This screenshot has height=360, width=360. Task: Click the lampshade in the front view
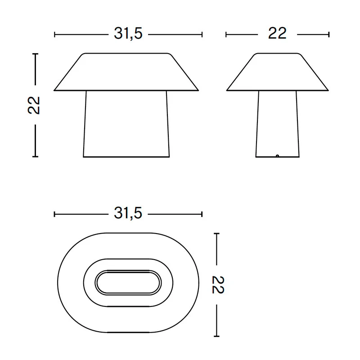126,73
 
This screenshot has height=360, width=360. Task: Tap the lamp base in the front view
126,124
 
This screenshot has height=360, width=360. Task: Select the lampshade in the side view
278,73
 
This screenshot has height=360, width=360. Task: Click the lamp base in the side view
278,124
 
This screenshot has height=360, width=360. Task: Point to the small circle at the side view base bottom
278,156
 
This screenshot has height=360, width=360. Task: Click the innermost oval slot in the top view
128,282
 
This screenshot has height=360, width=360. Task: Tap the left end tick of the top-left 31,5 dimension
54,34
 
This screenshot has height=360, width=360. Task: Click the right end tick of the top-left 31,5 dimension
202,34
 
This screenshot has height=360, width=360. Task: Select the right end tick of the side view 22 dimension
329,34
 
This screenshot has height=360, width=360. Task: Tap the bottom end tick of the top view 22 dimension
217,336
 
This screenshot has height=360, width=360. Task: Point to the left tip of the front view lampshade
54,90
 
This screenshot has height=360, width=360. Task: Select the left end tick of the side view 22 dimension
226,34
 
